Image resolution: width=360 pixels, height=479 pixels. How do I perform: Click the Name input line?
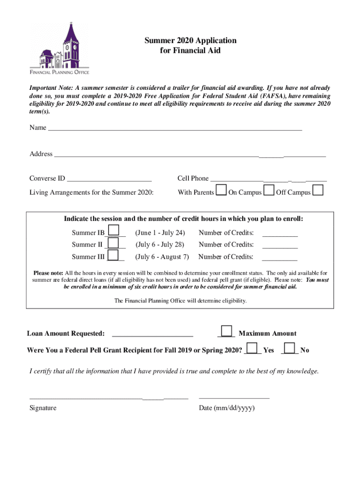pos(175,127)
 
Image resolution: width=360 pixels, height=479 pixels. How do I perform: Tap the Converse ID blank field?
pos(109,178)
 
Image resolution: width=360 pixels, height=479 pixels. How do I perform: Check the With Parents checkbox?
pos(221,190)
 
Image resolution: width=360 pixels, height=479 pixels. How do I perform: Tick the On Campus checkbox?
pos(269,190)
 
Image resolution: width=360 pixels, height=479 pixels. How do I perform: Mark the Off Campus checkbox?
pos(318,190)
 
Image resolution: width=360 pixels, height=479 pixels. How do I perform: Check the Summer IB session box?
pos(114,231)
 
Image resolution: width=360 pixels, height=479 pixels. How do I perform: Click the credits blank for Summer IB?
pos(280,233)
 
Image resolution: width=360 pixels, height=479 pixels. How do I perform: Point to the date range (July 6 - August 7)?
pos(162,257)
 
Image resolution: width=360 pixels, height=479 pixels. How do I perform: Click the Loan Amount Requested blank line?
pos(152,334)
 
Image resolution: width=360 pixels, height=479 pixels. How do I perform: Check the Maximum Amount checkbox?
pos(226,331)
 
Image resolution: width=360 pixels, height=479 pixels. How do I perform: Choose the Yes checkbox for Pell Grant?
pos(252,348)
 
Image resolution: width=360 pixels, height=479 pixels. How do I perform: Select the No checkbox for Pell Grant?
pos(289,348)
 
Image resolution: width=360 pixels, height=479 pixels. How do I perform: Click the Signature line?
pos(108,398)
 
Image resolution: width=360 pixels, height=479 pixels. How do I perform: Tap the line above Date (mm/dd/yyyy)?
pos(234,398)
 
